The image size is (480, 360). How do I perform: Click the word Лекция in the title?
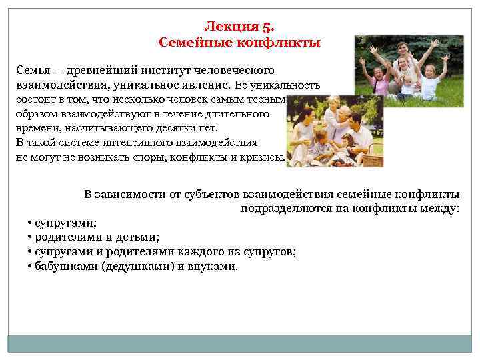229,27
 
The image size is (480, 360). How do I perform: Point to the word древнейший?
104,70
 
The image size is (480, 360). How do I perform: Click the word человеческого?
243,70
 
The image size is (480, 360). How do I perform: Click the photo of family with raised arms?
408,71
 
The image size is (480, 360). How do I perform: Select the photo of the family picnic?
335,131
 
